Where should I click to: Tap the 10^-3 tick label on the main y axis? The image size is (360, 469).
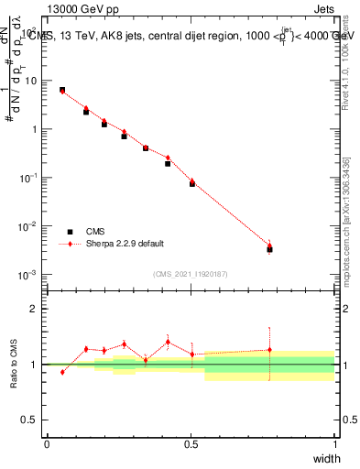[29, 275]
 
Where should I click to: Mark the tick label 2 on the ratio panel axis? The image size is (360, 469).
[34, 309]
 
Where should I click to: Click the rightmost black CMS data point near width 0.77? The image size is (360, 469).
[269, 249]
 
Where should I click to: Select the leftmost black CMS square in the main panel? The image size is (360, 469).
[62, 90]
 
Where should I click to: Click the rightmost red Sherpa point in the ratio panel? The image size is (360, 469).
[269, 350]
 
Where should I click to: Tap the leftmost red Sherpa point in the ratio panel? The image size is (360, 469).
[62, 372]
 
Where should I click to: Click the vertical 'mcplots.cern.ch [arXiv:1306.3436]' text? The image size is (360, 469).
[345, 219]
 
